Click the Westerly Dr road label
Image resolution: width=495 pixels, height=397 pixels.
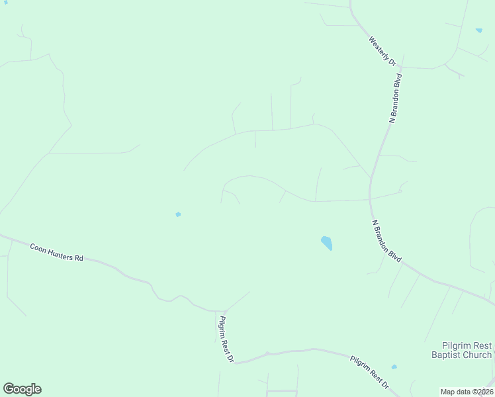coord(383,50)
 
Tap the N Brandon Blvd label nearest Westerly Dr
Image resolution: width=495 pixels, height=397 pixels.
coord(395,99)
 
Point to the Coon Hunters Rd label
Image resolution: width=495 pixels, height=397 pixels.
coord(56,251)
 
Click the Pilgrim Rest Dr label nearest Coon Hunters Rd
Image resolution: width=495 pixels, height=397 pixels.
coord(226,338)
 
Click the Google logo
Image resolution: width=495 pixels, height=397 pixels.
coord(22,389)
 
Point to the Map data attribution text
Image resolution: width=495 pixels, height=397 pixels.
coord(467,392)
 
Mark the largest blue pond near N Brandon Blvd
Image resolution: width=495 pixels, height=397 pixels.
coord(326,243)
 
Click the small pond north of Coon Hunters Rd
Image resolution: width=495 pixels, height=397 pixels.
coord(177,214)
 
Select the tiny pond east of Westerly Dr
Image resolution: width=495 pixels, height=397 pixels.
coord(478,30)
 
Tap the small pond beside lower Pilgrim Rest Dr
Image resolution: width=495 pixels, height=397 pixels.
coord(394,367)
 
